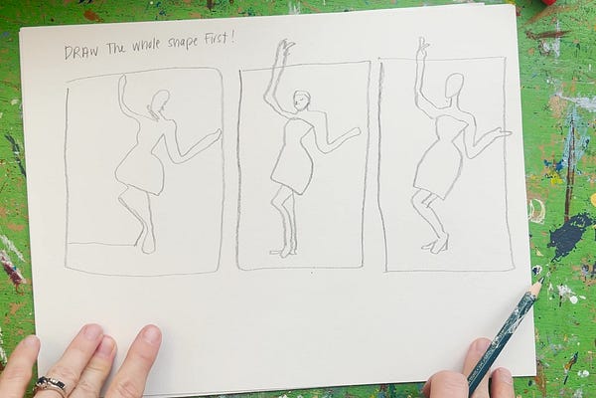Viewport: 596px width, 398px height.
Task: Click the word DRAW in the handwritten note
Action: click(x=81, y=51)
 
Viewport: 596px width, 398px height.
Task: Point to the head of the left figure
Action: click(x=158, y=101)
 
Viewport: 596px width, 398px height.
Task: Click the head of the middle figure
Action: click(x=301, y=100)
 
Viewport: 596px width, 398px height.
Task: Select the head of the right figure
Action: click(x=453, y=87)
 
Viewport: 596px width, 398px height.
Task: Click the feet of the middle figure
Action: click(x=285, y=251)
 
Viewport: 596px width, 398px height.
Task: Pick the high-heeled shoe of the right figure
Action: click(x=435, y=244)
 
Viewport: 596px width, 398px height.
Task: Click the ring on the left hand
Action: click(x=50, y=384)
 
